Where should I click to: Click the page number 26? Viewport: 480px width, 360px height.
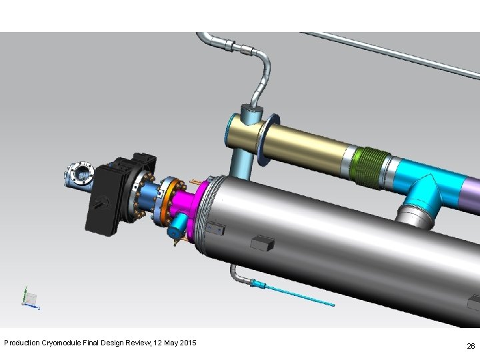[x=471, y=346]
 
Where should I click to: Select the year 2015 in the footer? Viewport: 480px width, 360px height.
[x=188, y=343]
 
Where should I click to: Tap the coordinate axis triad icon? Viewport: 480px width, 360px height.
[x=30, y=298]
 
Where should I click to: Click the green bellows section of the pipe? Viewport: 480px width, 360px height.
[x=371, y=167]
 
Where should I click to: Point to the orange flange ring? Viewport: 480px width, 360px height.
[x=172, y=202]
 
